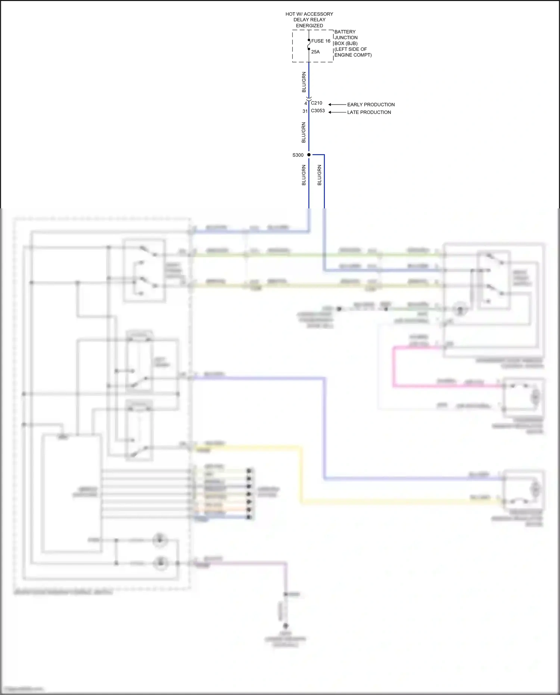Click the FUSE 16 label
click(x=320, y=41)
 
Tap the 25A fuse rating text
click(x=315, y=52)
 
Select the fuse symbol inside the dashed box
click(x=309, y=45)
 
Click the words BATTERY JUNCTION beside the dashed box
click(x=346, y=35)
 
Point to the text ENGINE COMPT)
click(x=353, y=55)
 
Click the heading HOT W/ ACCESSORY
click(x=309, y=14)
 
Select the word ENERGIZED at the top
click(x=309, y=26)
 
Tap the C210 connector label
click(x=317, y=103)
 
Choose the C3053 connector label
click(x=318, y=111)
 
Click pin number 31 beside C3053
click(x=305, y=111)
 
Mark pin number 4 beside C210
click(x=305, y=103)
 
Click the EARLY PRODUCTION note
click(x=371, y=105)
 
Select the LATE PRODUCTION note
click(x=369, y=112)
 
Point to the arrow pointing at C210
click(x=337, y=105)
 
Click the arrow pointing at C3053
click(x=337, y=112)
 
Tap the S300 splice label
click(x=298, y=155)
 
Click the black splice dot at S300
click(x=309, y=155)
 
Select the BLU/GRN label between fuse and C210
click(x=304, y=82)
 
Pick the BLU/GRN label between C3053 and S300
click(x=304, y=132)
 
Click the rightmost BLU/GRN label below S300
click(x=320, y=175)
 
